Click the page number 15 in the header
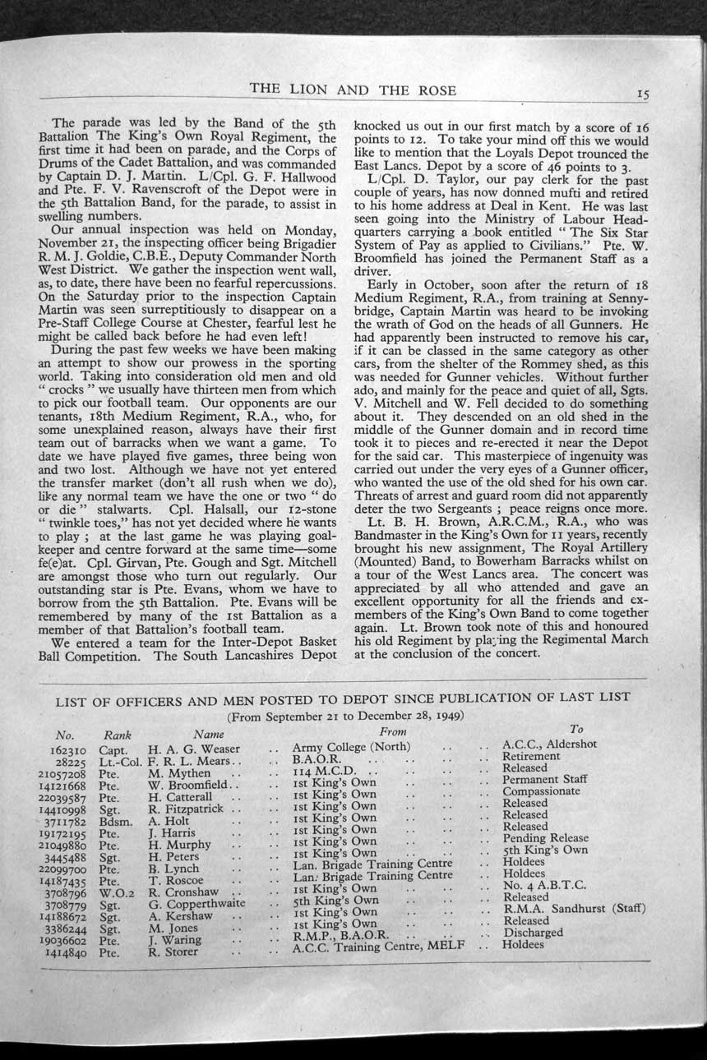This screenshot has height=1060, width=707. tap(643, 94)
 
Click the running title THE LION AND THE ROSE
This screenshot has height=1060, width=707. tap(353, 90)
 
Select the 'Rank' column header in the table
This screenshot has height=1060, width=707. tap(118, 734)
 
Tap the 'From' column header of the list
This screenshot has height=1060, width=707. tap(393, 730)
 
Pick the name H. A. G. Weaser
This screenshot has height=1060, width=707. tap(194, 749)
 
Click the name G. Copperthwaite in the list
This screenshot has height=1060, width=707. tap(197, 901)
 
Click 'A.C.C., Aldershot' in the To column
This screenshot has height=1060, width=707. tap(549, 744)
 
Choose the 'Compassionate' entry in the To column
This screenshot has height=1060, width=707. tap(541, 790)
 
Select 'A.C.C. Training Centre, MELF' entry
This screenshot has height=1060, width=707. tap(378, 947)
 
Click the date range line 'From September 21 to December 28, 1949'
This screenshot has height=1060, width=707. tap(344, 715)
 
